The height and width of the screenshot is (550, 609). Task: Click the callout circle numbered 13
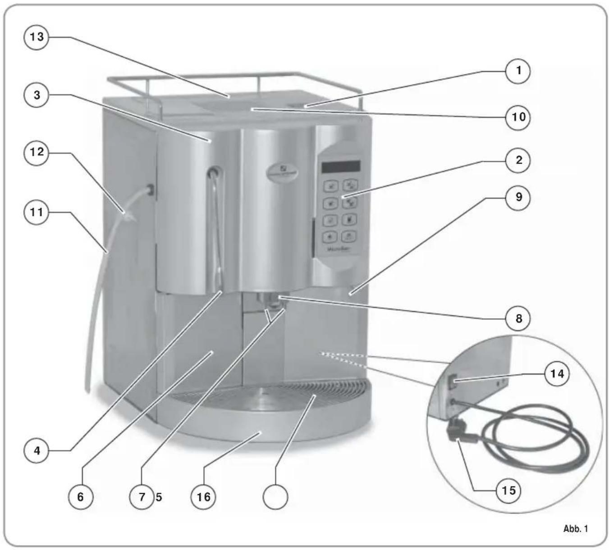37,36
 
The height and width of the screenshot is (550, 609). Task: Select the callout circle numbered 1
518,71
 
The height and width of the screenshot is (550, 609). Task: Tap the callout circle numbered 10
518,117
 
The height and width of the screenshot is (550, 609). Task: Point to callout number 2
518,160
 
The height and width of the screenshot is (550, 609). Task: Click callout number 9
518,197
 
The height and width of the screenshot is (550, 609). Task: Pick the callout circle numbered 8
518,318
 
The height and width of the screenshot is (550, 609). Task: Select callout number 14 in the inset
557,373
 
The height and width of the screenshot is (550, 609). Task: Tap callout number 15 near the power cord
508,490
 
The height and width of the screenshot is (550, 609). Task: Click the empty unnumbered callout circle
275,497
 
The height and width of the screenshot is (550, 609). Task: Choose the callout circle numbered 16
203,497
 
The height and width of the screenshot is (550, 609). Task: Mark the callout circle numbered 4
37,450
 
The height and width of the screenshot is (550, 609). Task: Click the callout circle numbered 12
37,152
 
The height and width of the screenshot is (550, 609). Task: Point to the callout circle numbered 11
37,211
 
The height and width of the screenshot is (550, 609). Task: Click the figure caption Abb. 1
575,528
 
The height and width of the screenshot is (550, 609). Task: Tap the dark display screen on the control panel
340,167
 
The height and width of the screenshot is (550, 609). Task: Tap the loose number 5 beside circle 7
159,497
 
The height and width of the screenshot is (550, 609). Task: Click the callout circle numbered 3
37,95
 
